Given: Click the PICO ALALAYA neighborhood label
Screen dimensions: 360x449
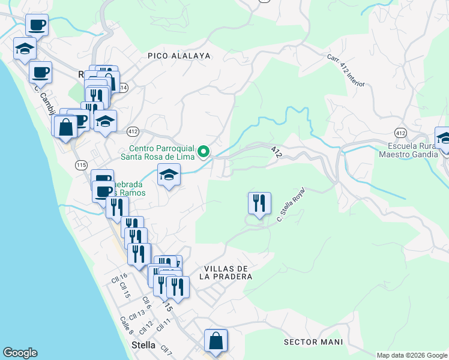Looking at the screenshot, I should [179, 56].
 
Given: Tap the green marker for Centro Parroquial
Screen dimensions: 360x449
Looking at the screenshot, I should [204, 151].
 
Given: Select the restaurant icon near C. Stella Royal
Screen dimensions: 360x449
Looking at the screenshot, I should [259, 203].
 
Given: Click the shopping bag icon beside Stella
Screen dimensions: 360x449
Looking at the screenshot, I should [215, 341].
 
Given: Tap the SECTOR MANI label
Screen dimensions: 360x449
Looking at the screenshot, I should [313, 342].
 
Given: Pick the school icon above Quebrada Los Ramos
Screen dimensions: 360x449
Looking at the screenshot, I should [169, 175].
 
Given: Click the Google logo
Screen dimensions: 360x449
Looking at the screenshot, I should [20, 353].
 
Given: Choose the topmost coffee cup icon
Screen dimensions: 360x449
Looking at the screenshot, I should [37, 26].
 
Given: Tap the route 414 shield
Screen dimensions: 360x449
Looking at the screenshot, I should [123, 88].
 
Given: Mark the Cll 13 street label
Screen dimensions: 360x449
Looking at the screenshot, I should [137, 314].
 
